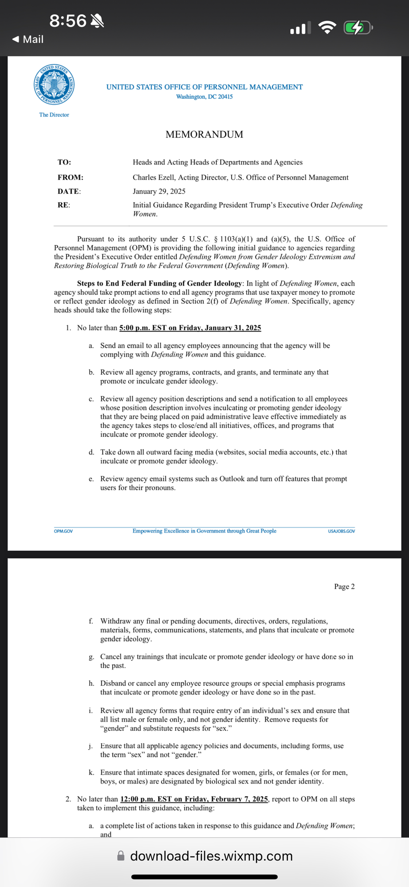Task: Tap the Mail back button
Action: [28, 39]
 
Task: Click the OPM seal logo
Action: [54, 84]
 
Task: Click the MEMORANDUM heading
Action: [204, 134]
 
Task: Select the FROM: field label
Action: [71, 177]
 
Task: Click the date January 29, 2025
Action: [159, 192]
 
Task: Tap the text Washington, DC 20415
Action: [204, 97]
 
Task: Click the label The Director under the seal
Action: [54, 115]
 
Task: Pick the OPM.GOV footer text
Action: [63, 531]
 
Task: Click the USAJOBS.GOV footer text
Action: [341, 531]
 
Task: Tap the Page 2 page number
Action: [344, 586]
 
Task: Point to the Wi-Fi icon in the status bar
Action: [327, 27]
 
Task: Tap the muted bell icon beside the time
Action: [97, 20]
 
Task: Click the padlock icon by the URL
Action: [121, 856]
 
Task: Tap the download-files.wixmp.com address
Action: [211, 856]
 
